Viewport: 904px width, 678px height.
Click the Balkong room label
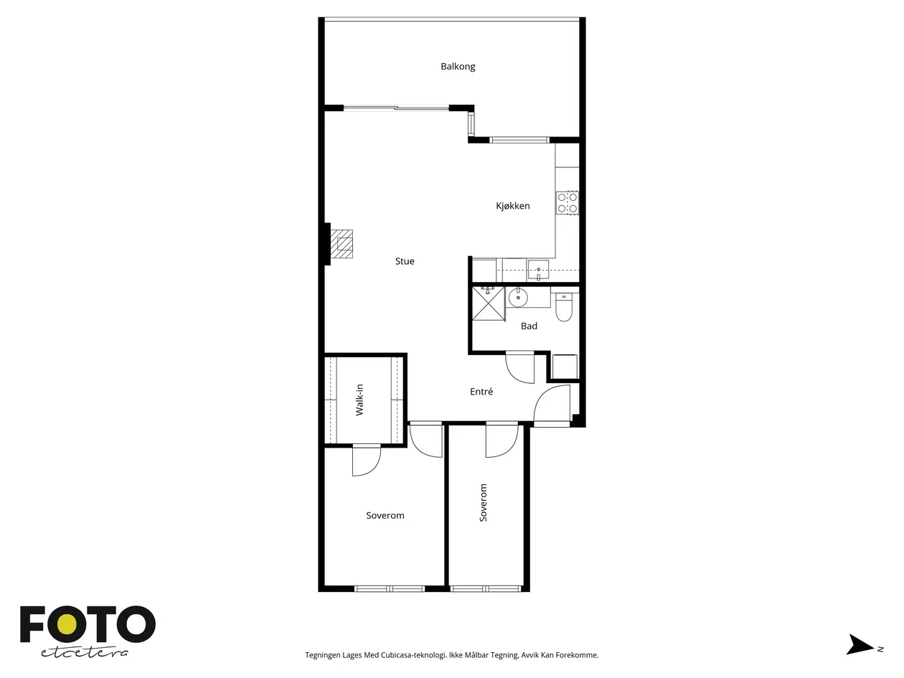pyautogui.click(x=458, y=66)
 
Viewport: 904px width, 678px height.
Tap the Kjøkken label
pyautogui.click(x=513, y=205)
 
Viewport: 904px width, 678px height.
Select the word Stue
pyautogui.click(x=405, y=261)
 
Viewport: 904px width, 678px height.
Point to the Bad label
pyautogui.click(x=529, y=326)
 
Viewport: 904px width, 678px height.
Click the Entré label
pyautogui.click(x=481, y=391)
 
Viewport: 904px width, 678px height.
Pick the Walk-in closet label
pyautogui.click(x=359, y=400)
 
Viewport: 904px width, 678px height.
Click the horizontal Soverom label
pyautogui.click(x=385, y=515)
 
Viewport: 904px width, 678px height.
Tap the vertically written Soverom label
pyautogui.click(x=483, y=503)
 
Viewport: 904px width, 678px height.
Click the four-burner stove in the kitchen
pyautogui.click(x=567, y=203)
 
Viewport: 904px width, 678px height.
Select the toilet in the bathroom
pyautogui.click(x=563, y=307)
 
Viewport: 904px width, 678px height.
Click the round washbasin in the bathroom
pyautogui.click(x=518, y=297)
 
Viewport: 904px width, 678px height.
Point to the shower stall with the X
pyautogui.click(x=488, y=303)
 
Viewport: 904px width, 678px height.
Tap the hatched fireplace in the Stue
pyautogui.click(x=342, y=244)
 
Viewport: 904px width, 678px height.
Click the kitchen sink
pyautogui.click(x=538, y=270)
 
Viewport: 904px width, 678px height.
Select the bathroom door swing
pyautogui.click(x=519, y=367)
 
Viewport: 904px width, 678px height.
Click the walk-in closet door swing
pyautogui.click(x=366, y=461)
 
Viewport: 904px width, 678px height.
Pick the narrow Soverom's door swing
pyautogui.click(x=502, y=440)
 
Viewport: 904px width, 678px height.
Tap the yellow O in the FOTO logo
pyautogui.click(x=66, y=626)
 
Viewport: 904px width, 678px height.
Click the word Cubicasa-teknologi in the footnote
pyautogui.click(x=413, y=655)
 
